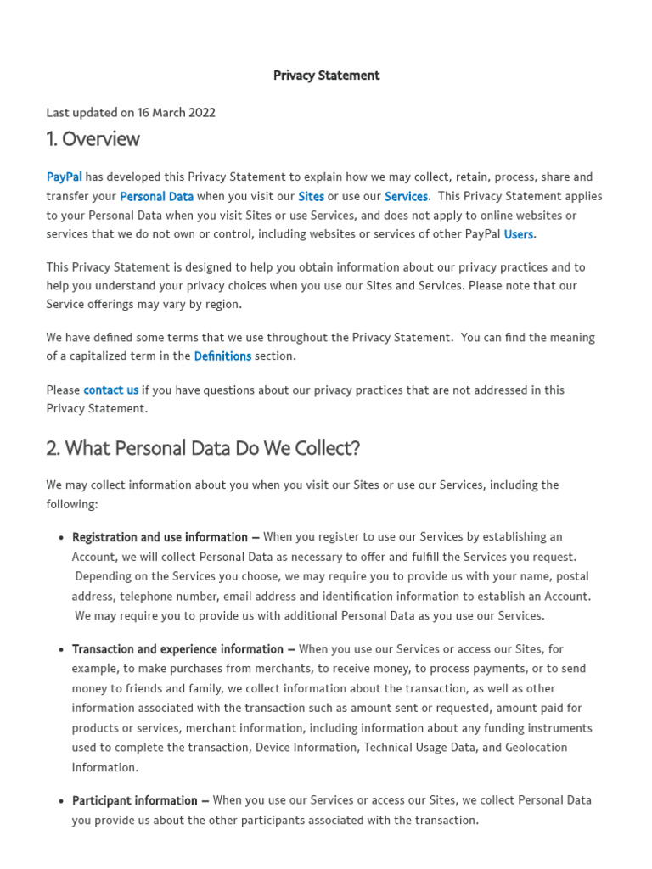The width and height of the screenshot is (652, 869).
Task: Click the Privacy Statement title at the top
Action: [326, 76]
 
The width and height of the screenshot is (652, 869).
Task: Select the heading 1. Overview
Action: [93, 139]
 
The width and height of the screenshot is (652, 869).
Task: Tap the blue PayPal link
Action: [65, 177]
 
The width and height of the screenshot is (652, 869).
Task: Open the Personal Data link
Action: [156, 196]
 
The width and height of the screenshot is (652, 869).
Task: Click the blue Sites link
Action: [311, 196]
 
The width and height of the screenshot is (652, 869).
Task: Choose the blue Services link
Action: [406, 196]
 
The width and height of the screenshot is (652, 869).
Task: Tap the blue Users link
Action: [519, 234]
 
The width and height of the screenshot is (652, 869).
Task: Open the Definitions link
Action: [222, 356]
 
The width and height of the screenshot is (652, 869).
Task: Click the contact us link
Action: [110, 390]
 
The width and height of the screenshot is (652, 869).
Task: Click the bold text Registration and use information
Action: [160, 537]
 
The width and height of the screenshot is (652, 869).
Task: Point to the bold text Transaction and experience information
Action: [178, 649]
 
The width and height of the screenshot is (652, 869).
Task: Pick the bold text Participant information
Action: [135, 800]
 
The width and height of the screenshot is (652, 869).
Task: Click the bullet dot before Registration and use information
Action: [61, 538]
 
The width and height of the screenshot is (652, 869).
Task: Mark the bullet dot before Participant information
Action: [61, 801]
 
